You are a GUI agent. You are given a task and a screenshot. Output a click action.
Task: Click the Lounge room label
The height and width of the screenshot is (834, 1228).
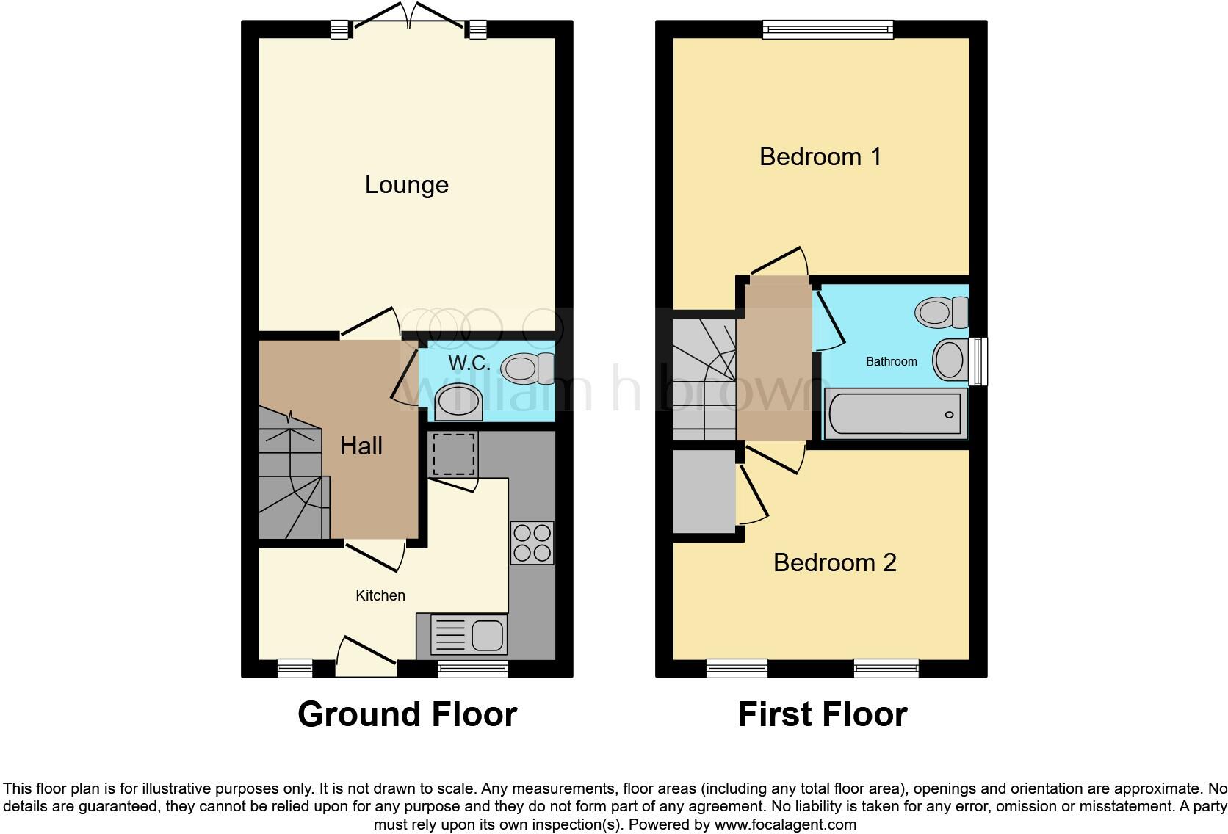(x=406, y=185)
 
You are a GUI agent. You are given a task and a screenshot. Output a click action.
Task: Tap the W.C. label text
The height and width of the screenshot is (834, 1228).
(x=469, y=363)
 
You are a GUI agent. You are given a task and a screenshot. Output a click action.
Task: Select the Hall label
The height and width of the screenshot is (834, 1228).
(x=361, y=446)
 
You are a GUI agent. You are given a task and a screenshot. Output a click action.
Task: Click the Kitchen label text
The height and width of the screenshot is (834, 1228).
(x=380, y=595)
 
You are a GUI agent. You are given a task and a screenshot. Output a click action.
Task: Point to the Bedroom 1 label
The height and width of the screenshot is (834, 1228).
(x=820, y=156)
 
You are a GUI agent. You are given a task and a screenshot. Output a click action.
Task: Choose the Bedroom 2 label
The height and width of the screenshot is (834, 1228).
(x=834, y=562)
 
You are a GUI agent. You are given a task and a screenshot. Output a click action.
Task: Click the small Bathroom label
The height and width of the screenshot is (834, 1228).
(x=891, y=361)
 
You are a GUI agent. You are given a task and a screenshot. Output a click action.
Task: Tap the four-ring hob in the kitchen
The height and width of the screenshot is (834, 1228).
(x=532, y=543)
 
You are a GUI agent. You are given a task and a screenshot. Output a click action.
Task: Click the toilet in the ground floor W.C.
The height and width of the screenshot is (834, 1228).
(x=529, y=368)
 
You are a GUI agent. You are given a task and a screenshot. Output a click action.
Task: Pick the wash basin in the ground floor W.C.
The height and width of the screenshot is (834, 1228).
(x=458, y=402)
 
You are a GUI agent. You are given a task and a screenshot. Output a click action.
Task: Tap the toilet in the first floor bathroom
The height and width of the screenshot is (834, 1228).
(x=942, y=312)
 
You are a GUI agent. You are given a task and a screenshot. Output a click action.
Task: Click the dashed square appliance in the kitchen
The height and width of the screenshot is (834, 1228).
(x=452, y=454)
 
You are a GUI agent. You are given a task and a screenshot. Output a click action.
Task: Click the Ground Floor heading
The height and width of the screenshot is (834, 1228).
(x=407, y=714)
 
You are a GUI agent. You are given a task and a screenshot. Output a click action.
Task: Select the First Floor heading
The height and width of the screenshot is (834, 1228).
(x=822, y=714)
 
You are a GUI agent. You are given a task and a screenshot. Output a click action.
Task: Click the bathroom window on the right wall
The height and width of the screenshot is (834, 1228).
(x=978, y=361)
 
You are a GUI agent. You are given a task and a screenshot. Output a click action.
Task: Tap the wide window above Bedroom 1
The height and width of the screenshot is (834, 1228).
(x=828, y=29)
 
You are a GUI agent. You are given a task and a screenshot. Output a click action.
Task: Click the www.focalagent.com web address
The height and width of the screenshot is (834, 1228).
(x=785, y=824)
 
